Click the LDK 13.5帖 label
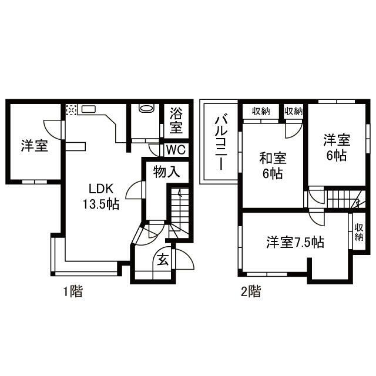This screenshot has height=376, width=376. [x=103, y=196]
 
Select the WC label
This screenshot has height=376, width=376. [x=176, y=150]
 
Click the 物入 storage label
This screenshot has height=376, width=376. [x=166, y=172]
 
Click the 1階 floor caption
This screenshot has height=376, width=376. [x=73, y=290]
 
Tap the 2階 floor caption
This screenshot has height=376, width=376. [x=251, y=290]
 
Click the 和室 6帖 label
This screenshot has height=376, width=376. [x=273, y=166]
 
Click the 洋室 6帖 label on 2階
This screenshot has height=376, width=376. [x=336, y=148]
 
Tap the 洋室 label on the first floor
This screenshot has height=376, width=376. [x=35, y=145]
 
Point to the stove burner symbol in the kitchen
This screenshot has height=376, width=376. [x=70, y=109]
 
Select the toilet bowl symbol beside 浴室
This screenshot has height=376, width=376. [x=145, y=109]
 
